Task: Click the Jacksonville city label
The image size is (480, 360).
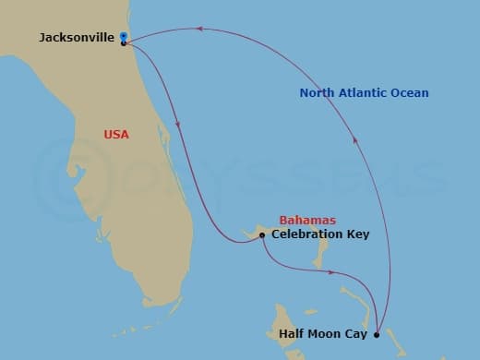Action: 77,38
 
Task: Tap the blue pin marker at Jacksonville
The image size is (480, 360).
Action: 124,37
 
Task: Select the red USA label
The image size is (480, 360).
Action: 116,135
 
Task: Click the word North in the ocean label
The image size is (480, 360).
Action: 318,93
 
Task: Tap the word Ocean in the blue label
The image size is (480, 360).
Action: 409,93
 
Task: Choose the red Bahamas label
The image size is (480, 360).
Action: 307,221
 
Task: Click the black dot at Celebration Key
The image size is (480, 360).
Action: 262,235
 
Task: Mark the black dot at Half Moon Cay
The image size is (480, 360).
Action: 376,335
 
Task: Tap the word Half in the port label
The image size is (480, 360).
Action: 292,334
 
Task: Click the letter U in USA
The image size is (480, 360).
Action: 107,135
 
